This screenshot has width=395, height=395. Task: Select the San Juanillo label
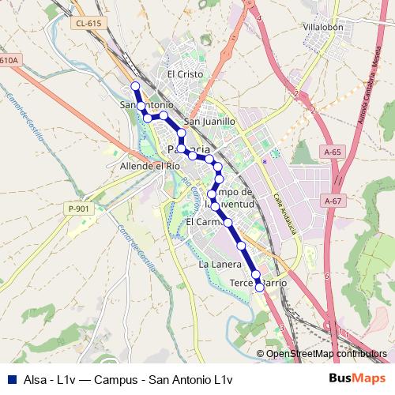(x=209, y=122)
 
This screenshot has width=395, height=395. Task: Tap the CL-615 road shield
(x=90, y=24)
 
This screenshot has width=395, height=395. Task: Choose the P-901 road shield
(x=79, y=209)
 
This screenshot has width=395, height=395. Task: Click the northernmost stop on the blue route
(x=135, y=86)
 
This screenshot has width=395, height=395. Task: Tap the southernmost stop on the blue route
(x=259, y=288)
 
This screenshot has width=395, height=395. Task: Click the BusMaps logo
(x=357, y=379)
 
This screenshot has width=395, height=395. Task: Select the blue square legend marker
(x=11, y=379)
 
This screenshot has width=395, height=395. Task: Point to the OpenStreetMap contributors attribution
(x=326, y=354)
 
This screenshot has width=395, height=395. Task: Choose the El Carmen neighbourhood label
(x=201, y=224)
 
